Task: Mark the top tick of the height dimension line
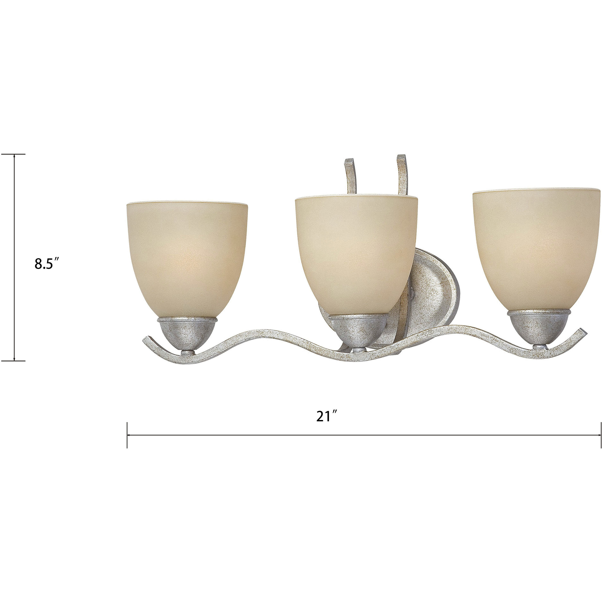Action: pyautogui.click(x=14, y=154)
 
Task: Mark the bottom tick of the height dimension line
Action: pyautogui.click(x=14, y=361)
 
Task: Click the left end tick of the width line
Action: pyautogui.click(x=127, y=435)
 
